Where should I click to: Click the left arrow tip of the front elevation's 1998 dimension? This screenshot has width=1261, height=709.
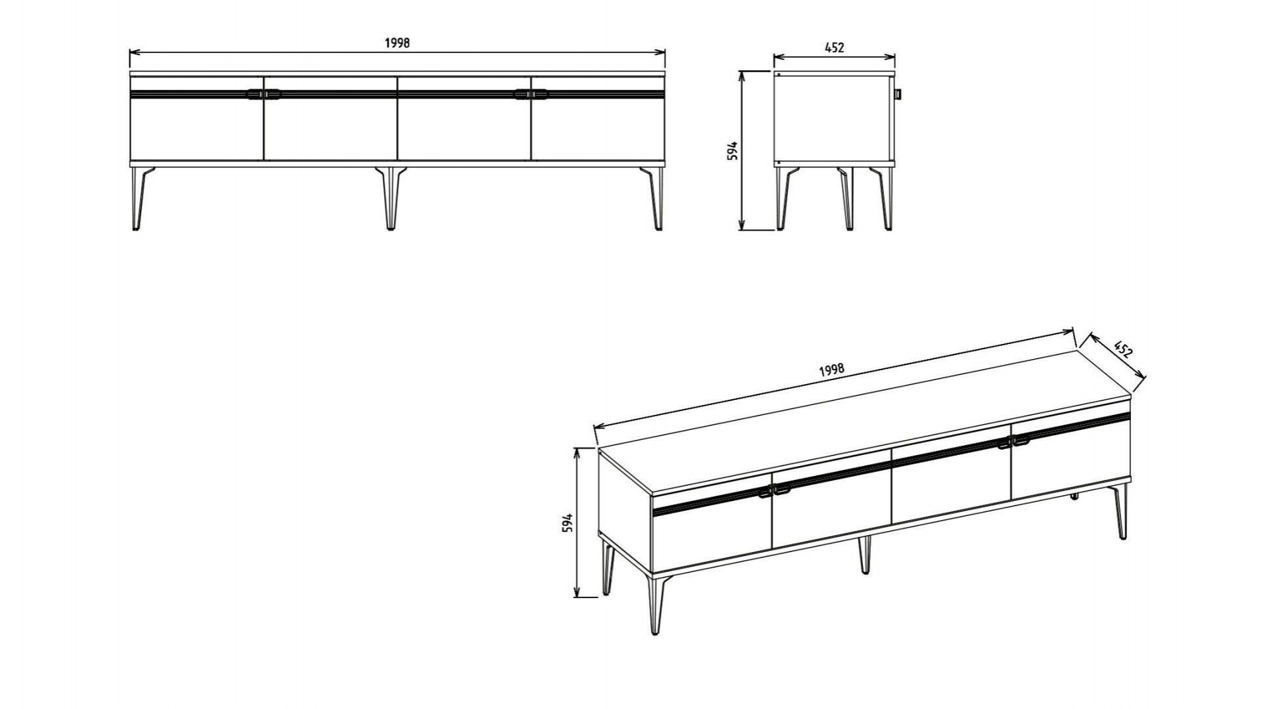point(130,52)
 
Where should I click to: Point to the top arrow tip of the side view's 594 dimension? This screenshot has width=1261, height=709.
point(742,72)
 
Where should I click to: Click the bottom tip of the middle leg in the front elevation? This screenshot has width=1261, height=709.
point(391,228)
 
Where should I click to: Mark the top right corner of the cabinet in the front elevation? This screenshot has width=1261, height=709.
point(665,71)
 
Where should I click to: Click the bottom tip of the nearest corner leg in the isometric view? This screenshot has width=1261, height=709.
point(655,634)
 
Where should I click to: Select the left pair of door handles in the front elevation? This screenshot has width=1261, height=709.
point(263,95)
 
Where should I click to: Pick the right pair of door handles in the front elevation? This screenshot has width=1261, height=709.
point(531,95)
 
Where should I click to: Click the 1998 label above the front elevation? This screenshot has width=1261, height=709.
point(397,43)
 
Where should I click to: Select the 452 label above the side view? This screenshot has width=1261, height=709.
point(834,47)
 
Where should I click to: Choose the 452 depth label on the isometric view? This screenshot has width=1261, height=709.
point(1124,349)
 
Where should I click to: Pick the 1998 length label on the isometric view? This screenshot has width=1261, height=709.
point(831,370)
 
